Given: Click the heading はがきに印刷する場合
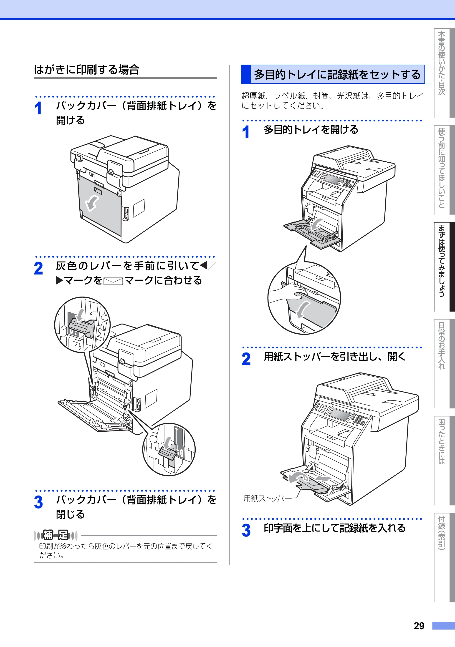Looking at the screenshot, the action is [x=86, y=70].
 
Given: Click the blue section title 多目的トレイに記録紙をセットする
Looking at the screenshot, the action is [x=337, y=74].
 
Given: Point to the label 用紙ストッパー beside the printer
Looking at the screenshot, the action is [x=268, y=498].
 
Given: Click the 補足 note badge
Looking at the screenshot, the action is [x=56, y=535].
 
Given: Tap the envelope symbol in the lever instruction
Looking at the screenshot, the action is [x=113, y=281].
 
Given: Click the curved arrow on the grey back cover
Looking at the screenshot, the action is [x=92, y=203].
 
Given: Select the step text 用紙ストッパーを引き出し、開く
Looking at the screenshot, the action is [x=335, y=357].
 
